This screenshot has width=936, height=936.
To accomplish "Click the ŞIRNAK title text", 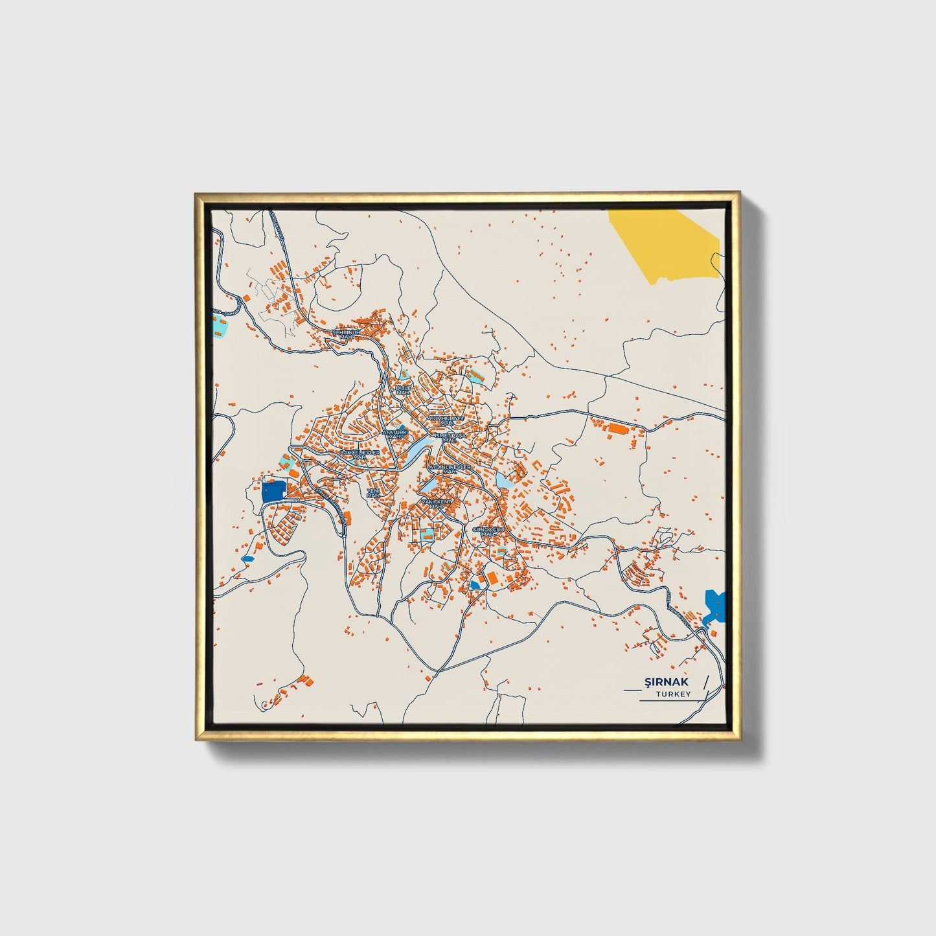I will click(x=667, y=681).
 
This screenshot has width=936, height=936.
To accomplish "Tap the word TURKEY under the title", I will click(x=673, y=694).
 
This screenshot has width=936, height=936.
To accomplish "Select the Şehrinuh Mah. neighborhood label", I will click(x=347, y=334).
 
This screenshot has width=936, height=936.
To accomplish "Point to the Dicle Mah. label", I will click(x=404, y=390).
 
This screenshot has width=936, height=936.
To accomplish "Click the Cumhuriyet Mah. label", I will click(x=447, y=420).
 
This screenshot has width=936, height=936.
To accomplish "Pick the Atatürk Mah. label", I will click(x=394, y=433).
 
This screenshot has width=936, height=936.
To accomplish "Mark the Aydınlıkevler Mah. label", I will click(x=450, y=468).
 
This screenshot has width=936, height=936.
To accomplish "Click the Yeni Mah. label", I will click(x=372, y=493).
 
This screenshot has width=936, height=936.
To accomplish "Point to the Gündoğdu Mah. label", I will click(x=488, y=531).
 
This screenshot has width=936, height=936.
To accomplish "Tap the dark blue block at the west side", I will click(x=274, y=491).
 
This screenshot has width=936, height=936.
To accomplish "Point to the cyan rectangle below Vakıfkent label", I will click(x=427, y=534).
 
